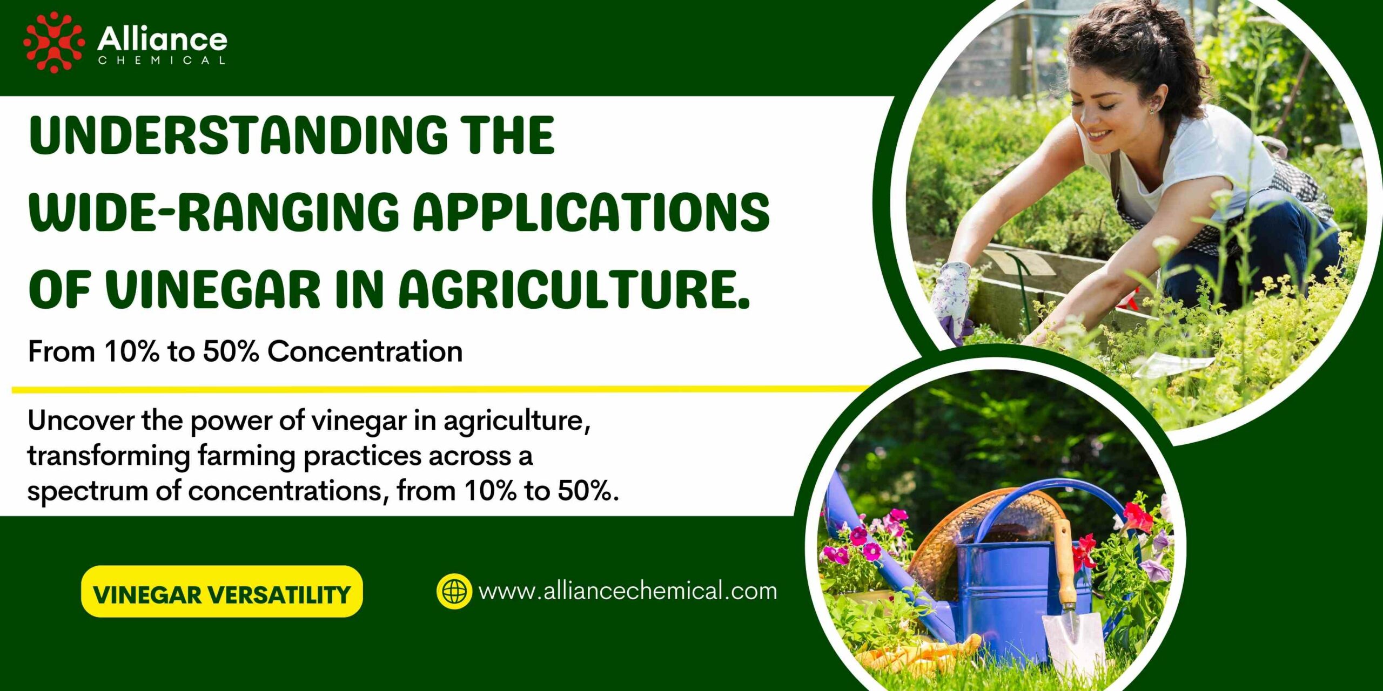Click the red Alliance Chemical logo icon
pyautogui.click(x=53, y=42)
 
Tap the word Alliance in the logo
pyautogui.click(x=162, y=39)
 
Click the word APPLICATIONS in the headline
pyautogui.click(x=591, y=211)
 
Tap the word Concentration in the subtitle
pyautogui.click(x=365, y=351)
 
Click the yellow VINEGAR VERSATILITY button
pyautogui.click(x=221, y=591)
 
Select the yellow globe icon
pyautogui.click(x=454, y=591)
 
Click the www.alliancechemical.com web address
pyautogui.click(x=628, y=591)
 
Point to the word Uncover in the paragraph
pyautogui.click(x=80, y=421)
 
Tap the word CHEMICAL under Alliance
pyautogui.click(x=162, y=60)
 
